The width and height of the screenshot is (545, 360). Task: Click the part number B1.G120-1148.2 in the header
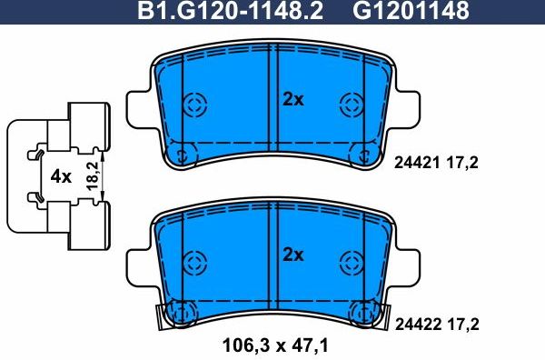pyautogui.click(x=236, y=12)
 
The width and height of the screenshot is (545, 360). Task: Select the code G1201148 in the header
pyautogui.click(x=411, y=12)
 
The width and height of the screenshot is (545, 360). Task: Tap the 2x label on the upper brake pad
pyautogui.click(x=292, y=100)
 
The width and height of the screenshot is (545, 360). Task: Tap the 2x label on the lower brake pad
pyautogui.click(x=292, y=255)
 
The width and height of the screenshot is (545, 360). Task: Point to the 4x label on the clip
pyautogui.click(x=60, y=177)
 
